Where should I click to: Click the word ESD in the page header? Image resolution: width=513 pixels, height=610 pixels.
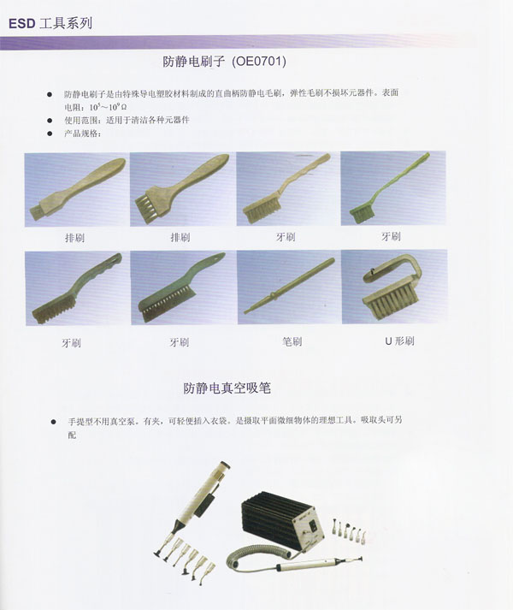tap(21, 24)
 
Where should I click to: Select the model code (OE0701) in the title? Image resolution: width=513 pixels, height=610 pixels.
tap(259, 61)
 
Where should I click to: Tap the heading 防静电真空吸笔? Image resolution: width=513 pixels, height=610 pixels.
tap(227, 388)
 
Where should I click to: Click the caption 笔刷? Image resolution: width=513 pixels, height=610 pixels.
tap(292, 341)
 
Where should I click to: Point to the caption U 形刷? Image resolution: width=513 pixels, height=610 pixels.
tap(399, 341)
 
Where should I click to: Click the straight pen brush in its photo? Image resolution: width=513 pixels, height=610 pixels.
tap(289, 285)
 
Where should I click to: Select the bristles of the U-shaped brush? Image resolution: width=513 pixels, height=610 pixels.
tap(391, 305)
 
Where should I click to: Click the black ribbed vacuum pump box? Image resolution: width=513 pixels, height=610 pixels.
tap(282, 520)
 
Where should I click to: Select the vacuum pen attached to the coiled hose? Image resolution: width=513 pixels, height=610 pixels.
tap(319, 563)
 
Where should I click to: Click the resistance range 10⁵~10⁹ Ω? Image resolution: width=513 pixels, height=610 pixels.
tap(108, 107)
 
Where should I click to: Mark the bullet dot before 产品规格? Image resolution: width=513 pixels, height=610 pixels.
tap(50, 133)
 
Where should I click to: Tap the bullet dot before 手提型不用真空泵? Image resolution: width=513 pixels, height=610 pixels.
tap(53, 422)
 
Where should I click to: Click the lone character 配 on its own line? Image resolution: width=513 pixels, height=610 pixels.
tap(72, 435)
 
